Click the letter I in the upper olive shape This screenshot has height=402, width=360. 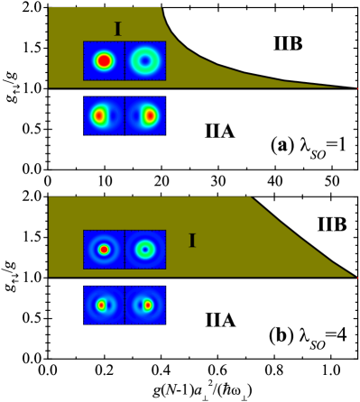(x=117, y=30)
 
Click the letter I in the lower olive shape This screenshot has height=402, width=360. (x=191, y=241)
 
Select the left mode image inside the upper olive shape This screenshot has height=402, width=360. (x=104, y=60)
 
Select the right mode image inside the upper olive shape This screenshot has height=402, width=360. (x=145, y=60)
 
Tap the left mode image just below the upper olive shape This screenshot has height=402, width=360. (x=104, y=115)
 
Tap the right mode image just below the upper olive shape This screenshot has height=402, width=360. (x=145, y=115)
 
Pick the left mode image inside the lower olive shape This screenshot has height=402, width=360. (x=104, y=250)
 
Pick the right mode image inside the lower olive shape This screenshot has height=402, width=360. (x=145, y=250)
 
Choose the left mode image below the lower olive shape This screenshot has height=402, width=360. (x=104, y=305)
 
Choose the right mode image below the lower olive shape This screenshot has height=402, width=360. (x=145, y=305)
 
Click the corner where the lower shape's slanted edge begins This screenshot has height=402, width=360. (x=250, y=197)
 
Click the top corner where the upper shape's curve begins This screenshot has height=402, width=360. (x=162, y=8)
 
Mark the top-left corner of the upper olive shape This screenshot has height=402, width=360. (x=49, y=8)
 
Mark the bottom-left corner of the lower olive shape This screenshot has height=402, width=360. (x=49, y=276)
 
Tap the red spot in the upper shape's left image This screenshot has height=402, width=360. (x=104, y=61)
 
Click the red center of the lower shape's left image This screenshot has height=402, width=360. (x=104, y=250)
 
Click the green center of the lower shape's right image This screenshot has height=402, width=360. (x=144, y=250)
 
